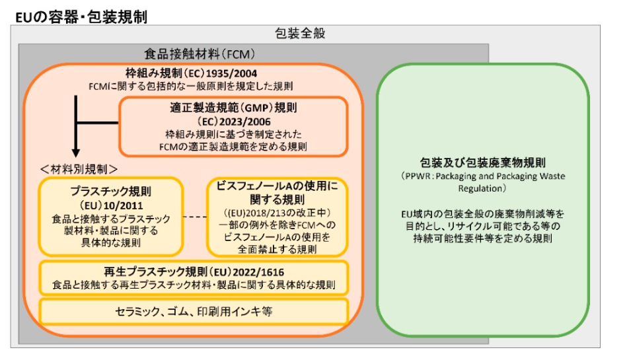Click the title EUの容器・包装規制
click(x=81, y=17)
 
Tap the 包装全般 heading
click(x=300, y=33)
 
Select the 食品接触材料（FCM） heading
click(x=200, y=54)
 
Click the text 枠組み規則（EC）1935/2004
click(x=192, y=73)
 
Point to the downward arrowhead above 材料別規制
click(x=76, y=153)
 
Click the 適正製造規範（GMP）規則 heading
click(x=233, y=108)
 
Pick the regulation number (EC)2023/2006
click(x=233, y=122)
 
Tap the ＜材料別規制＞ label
click(x=79, y=169)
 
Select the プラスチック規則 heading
click(x=111, y=191)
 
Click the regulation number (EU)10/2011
click(x=111, y=205)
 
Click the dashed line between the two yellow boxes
click(x=195, y=217)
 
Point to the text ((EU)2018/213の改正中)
click(x=277, y=213)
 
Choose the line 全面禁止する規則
click(x=277, y=249)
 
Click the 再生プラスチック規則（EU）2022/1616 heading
click(x=194, y=272)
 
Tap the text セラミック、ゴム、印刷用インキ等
click(x=194, y=312)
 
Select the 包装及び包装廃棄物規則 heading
click(x=482, y=162)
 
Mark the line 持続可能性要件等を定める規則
click(x=482, y=238)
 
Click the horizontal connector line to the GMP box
click(x=98, y=123)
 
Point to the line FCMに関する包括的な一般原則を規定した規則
click(x=190, y=86)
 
